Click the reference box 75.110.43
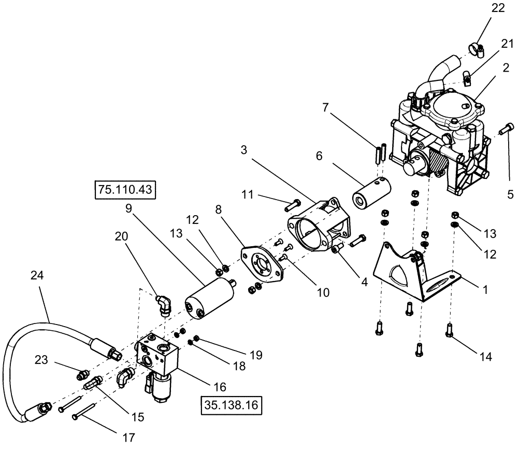[125, 190]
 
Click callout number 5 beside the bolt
[510, 194]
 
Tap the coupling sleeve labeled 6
[371, 193]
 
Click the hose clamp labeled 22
[477, 50]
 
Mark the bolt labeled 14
[449, 330]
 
